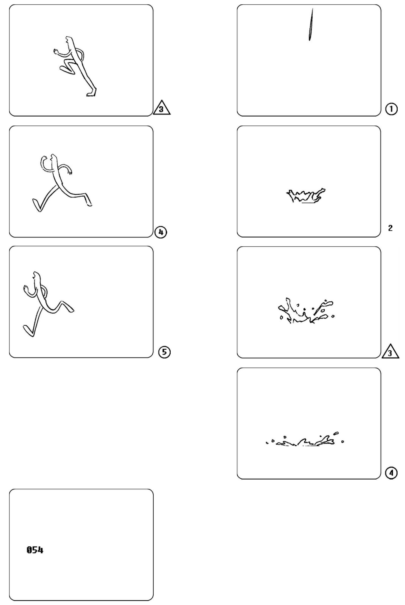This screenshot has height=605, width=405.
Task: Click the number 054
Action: [35, 550]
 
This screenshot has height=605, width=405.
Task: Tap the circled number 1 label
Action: [392, 109]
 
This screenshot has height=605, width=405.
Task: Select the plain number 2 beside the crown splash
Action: [390, 228]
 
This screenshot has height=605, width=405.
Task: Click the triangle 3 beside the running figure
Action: [162, 108]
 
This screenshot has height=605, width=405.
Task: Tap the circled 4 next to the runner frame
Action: [161, 233]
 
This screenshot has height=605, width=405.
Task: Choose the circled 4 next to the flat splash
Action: [391, 473]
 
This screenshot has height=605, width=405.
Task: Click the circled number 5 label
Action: [165, 352]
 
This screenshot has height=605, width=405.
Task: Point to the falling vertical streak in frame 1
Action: [311, 25]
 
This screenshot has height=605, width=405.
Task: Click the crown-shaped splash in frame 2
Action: [306, 196]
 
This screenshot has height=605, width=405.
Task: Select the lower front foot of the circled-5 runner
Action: [28, 331]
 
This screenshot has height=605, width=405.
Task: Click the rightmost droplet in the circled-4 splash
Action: [343, 442]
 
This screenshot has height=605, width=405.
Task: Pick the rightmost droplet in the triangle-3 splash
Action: [333, 316]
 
